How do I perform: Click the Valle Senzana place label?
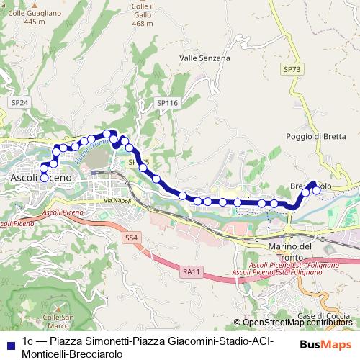tap(204, 58)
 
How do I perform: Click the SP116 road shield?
tap(166, 104)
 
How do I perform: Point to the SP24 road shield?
tap(19, 104)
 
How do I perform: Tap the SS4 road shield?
tap(130, 237)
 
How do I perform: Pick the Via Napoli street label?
tap(117, 201)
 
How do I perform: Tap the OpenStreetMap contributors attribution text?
tap(295, 323)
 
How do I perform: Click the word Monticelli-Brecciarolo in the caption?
tap(73, 354)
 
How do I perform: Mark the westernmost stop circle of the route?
tap(44, 176)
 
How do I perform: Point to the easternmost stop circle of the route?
tap(315, 191)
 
